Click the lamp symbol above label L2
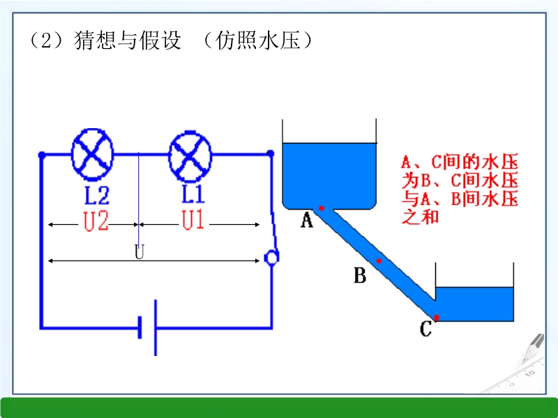93,154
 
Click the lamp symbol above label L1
190,154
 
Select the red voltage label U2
96,222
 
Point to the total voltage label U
139,252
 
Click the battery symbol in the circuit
148,327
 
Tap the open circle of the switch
271,258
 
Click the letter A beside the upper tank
306,222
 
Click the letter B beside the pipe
360,277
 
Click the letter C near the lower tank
425,329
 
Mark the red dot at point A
322,208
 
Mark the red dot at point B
379,261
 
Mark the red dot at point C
437,318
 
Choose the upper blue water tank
329,174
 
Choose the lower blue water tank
475,304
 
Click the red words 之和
420,217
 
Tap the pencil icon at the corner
534,348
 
